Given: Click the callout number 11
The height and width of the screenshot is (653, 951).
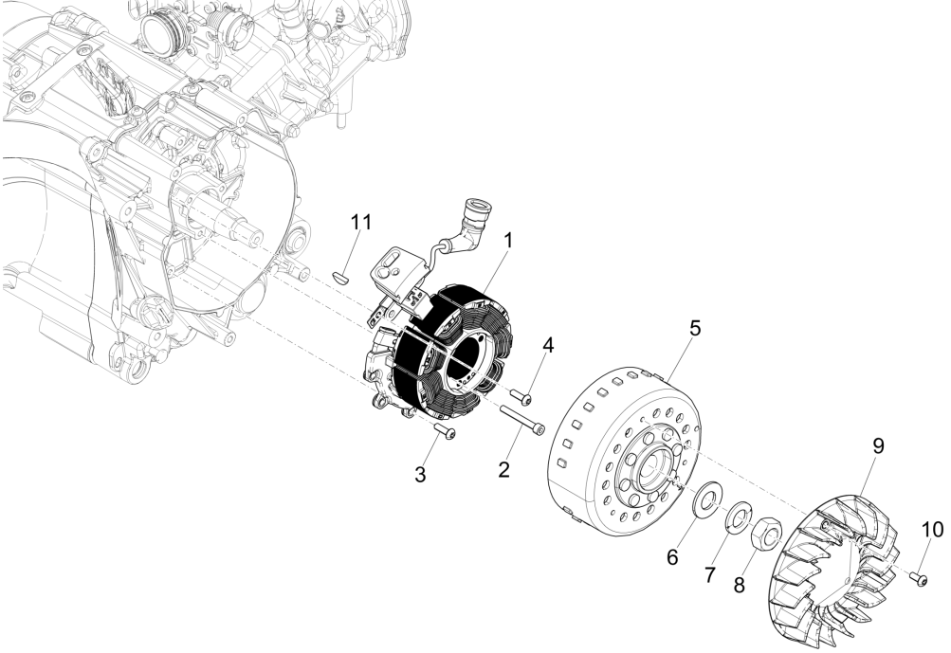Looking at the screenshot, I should [361, 224].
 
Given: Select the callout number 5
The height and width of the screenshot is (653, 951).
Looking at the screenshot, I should [695, 329].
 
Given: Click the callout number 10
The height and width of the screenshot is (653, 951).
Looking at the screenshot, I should [931, 529].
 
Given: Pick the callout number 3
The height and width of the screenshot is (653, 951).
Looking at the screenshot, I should [420, 474].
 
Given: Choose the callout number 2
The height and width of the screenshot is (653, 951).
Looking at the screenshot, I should [504, 468].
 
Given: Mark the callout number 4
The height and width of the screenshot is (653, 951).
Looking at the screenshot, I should [547, 347].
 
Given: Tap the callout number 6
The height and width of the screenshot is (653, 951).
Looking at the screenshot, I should [672, 557].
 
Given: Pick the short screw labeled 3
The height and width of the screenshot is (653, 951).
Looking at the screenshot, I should [443, 432].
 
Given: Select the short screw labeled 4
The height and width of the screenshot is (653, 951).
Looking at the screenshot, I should [523, 393].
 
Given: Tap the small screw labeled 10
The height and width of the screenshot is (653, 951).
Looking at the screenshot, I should [920, 577].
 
